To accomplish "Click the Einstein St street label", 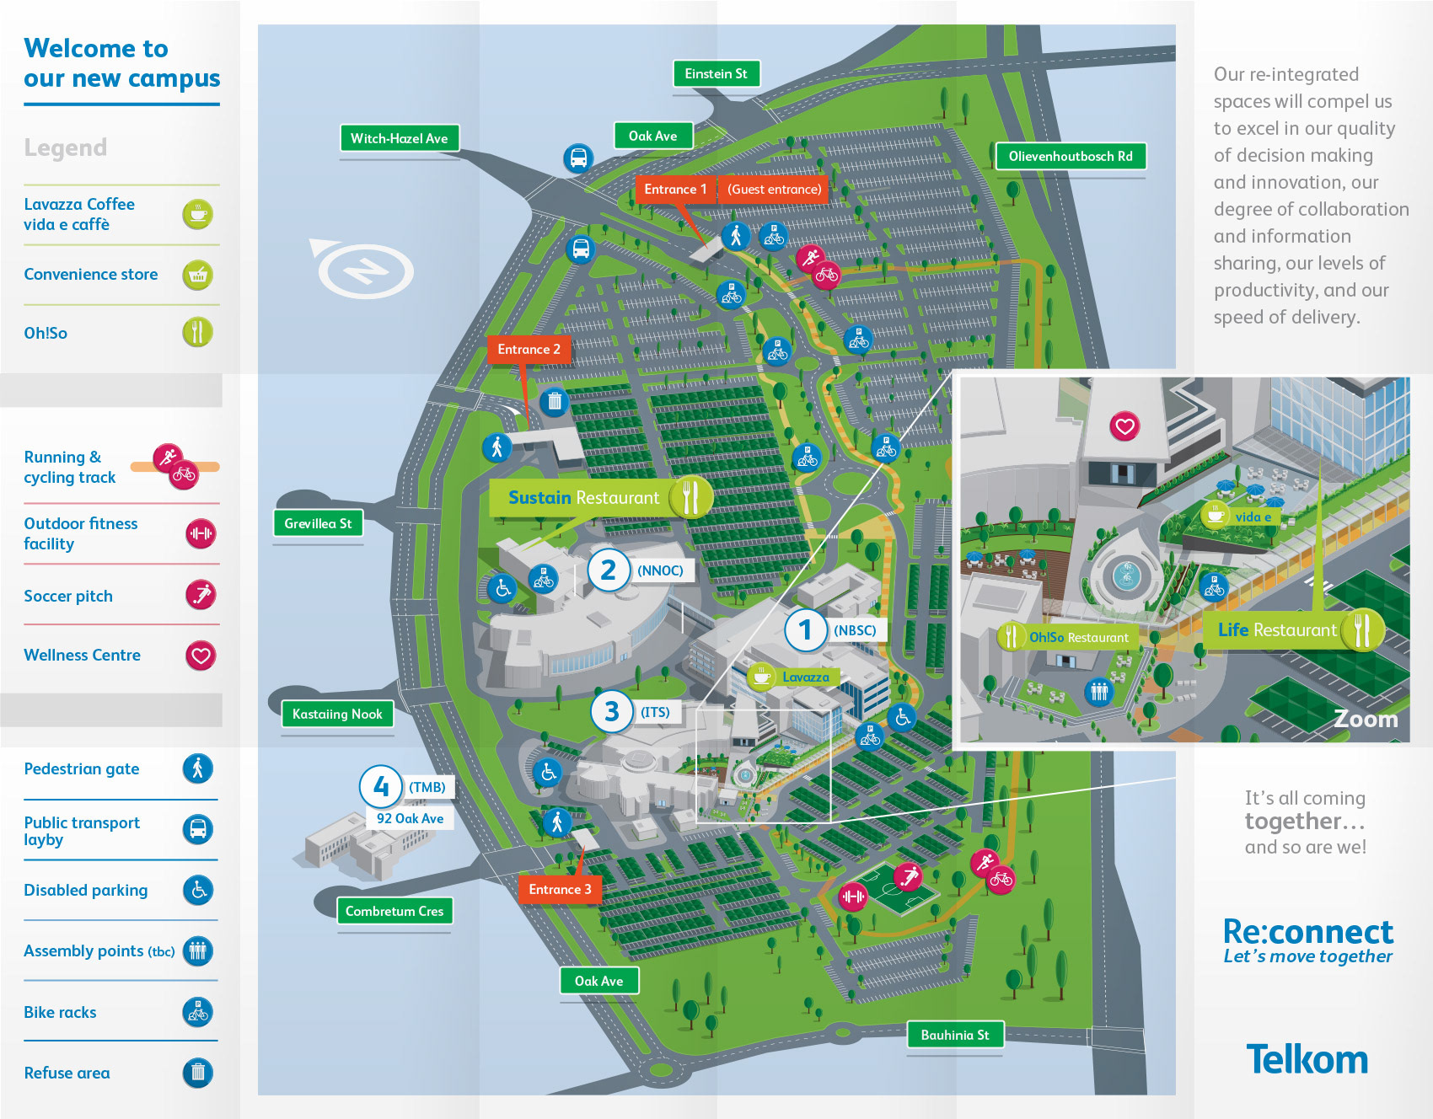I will (x=716, y=74).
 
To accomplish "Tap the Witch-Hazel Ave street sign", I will (x=399, y=138).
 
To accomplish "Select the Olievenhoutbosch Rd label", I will (x=1070, y=156).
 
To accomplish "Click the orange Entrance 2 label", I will (x=529, y=349).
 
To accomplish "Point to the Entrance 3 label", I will (x=560, y=889).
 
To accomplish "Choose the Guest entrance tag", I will (x=774, y=190).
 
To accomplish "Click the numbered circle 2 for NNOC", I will (x=609, y=570).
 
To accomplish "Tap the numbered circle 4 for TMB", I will (x=381, y=787).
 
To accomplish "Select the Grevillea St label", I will (x=318, y=523).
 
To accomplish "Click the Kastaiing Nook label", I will (x=337, y=714).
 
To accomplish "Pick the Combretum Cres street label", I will (x=394, y=911).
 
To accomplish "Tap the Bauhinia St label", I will (x=954, y=1035).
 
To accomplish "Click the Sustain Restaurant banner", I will (x=583, y=498).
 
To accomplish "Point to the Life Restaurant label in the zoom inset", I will (x=1277, y=630).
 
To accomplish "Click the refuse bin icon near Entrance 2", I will (x=554, y=401).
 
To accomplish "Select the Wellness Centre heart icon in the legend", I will (x=201, y=656).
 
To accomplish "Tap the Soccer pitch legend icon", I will (x=201, y=595).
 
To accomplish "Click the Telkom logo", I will (x=1307, y=1060).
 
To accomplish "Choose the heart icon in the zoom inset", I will (x=1124, y=426).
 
